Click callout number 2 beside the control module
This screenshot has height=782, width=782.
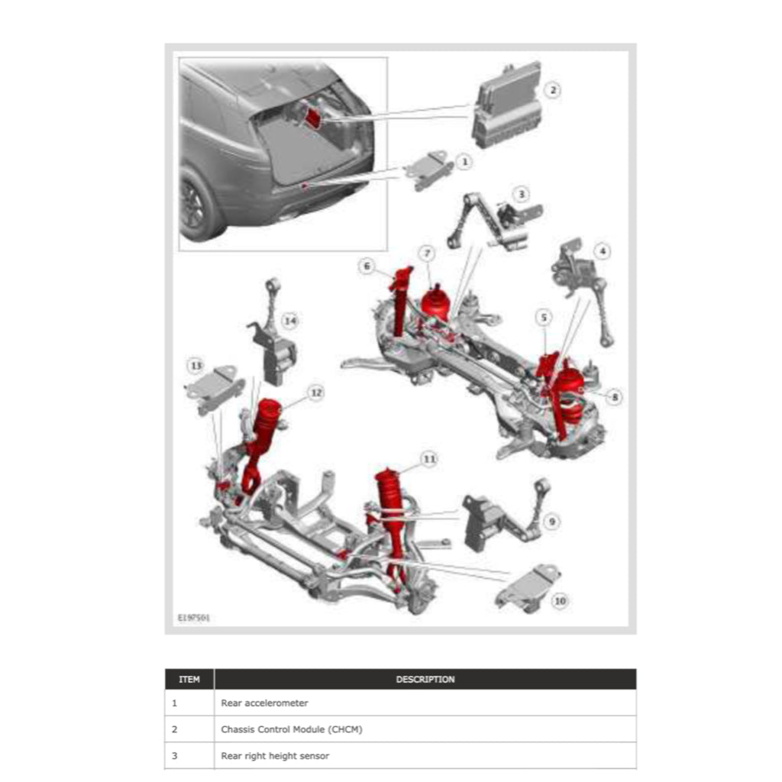pos(554,90)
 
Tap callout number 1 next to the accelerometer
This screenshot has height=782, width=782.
pos(463,161)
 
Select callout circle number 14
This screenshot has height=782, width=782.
pos(289,321)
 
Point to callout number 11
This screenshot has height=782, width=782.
pos(429,459)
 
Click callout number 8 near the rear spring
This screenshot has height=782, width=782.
pos(616,396)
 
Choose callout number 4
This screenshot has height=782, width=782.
pos(603,250)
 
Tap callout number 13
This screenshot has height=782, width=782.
pos(196,366)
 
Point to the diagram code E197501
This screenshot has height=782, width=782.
pos(194,617)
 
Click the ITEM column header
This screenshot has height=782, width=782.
pos(189,679)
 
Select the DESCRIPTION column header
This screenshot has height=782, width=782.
pos(425,679)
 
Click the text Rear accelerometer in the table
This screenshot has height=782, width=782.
pos(264,703)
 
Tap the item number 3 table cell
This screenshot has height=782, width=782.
pos(175,756)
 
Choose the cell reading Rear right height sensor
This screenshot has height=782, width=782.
pos(275,756)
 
